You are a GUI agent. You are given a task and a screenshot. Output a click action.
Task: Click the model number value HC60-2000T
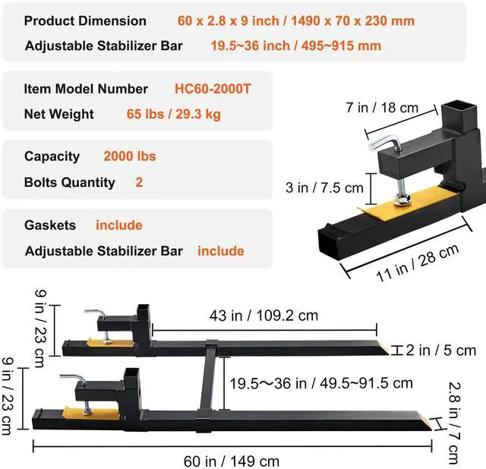click(x=213, y=89)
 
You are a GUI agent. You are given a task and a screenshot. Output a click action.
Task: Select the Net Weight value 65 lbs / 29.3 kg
click(x=173, y=114)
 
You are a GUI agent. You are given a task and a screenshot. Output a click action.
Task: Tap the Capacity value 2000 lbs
click(x=129, y=156)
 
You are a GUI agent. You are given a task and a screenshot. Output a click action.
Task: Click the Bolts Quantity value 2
click(x=139, y=182)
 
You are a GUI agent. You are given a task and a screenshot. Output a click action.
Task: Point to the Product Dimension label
click(x=85, y=21)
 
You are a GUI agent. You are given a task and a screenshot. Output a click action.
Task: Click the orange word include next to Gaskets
click(x=118, y=225)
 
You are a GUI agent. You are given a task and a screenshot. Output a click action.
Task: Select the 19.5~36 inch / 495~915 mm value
click(x=295, y=46)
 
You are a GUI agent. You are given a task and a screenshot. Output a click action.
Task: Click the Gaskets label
click(x=50, y=225)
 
